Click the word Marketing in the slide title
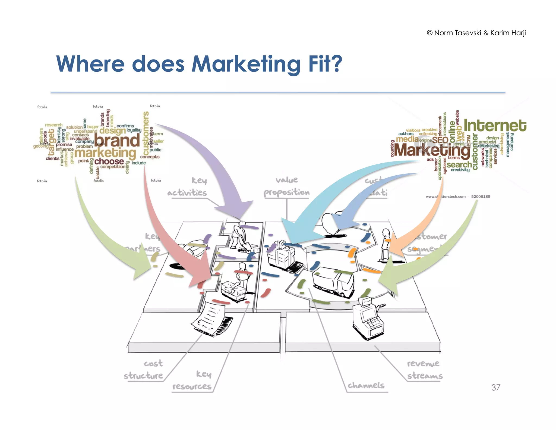pos(246,64)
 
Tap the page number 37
pos(495,387)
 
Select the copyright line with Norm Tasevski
pos(476,33)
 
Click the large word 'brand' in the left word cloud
pos(117,141)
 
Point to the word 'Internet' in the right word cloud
pos(495,126)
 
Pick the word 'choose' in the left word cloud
pos(109,161)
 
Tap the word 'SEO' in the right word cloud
pos(440,140)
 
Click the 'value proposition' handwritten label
pos(287,186)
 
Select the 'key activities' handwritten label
pos(187,187)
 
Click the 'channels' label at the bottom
pos(366,385)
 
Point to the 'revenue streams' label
pos(425,370)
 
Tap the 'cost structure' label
pos(144,370)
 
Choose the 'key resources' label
pos(192,380)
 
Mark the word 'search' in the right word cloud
pos(459,165)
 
